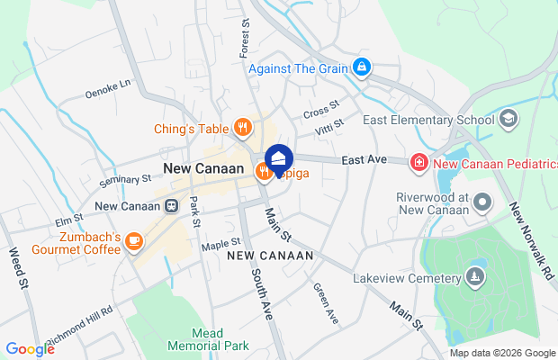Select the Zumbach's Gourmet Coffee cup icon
tap(133, 240)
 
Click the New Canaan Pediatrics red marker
tap(418, 162)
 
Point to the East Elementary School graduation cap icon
tap(508, 119)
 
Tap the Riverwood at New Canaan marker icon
tap(483, 203)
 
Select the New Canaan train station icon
tap(170, 205)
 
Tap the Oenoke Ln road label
tap(108, 86)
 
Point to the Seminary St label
tap(125, 180)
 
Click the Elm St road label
tap(69, 219)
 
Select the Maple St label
tap(221, 242)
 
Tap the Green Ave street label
tap(325, 303)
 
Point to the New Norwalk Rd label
tap(530, 238)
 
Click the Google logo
tap(30, 349)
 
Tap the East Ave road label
tap(364, 159)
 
